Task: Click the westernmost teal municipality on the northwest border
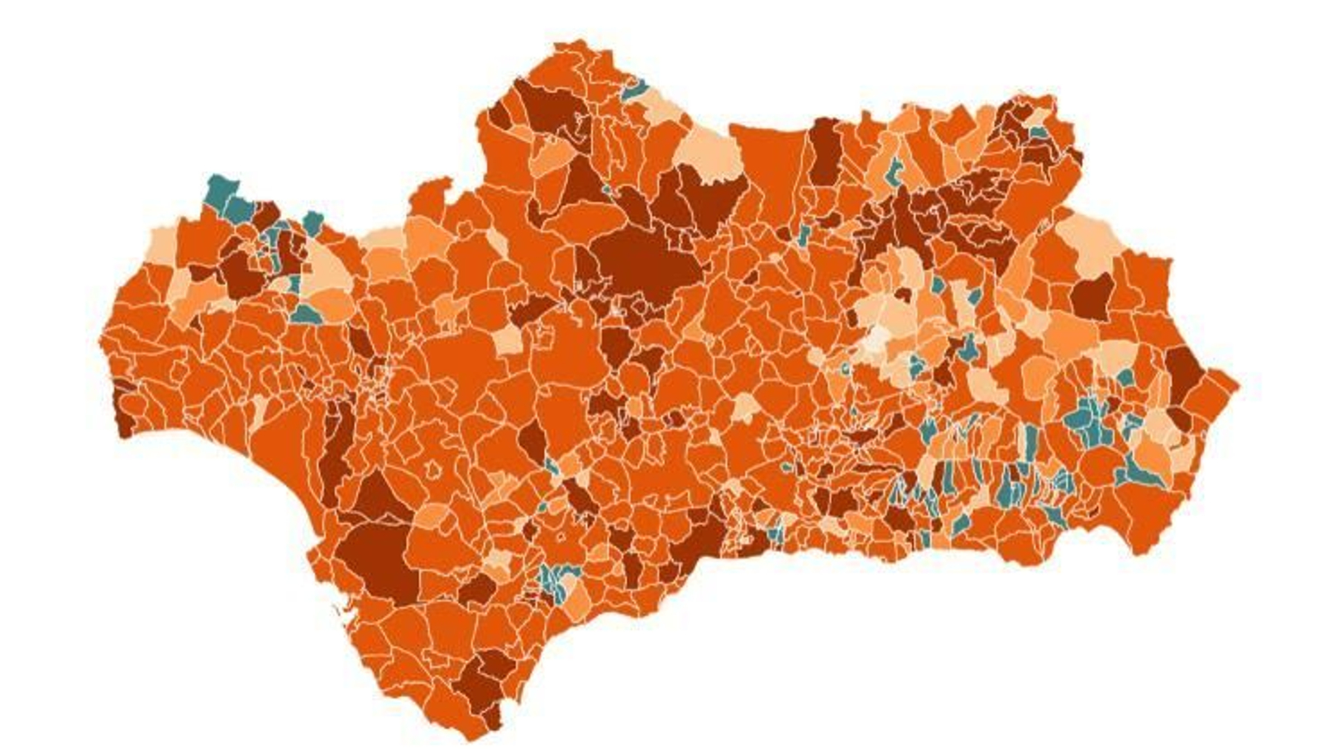[x=220, y=189]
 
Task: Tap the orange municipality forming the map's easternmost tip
[x=1216, y=389]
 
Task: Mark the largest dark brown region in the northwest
[x=241, y=274]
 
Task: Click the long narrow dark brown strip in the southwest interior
[x=334, y=451]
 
